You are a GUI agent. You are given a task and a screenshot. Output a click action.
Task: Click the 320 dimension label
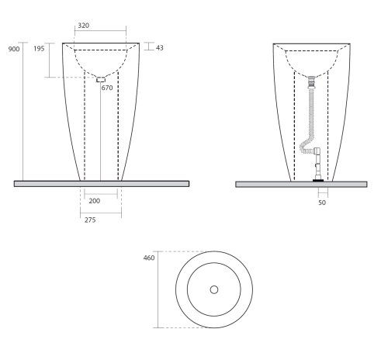84,26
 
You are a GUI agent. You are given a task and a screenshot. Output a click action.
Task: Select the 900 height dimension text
14,49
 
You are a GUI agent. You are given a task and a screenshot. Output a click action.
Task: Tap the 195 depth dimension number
39,48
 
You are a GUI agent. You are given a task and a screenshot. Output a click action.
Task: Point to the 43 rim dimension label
160,48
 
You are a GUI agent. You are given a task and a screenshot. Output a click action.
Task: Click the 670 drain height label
107,88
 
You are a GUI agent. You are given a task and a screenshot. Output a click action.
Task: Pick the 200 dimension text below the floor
95,201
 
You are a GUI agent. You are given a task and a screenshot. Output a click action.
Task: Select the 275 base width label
90,220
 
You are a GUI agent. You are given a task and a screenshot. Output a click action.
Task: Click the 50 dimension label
322,202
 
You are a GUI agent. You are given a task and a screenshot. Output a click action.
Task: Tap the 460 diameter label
149,258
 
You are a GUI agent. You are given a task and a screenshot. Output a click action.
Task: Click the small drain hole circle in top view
214,289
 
